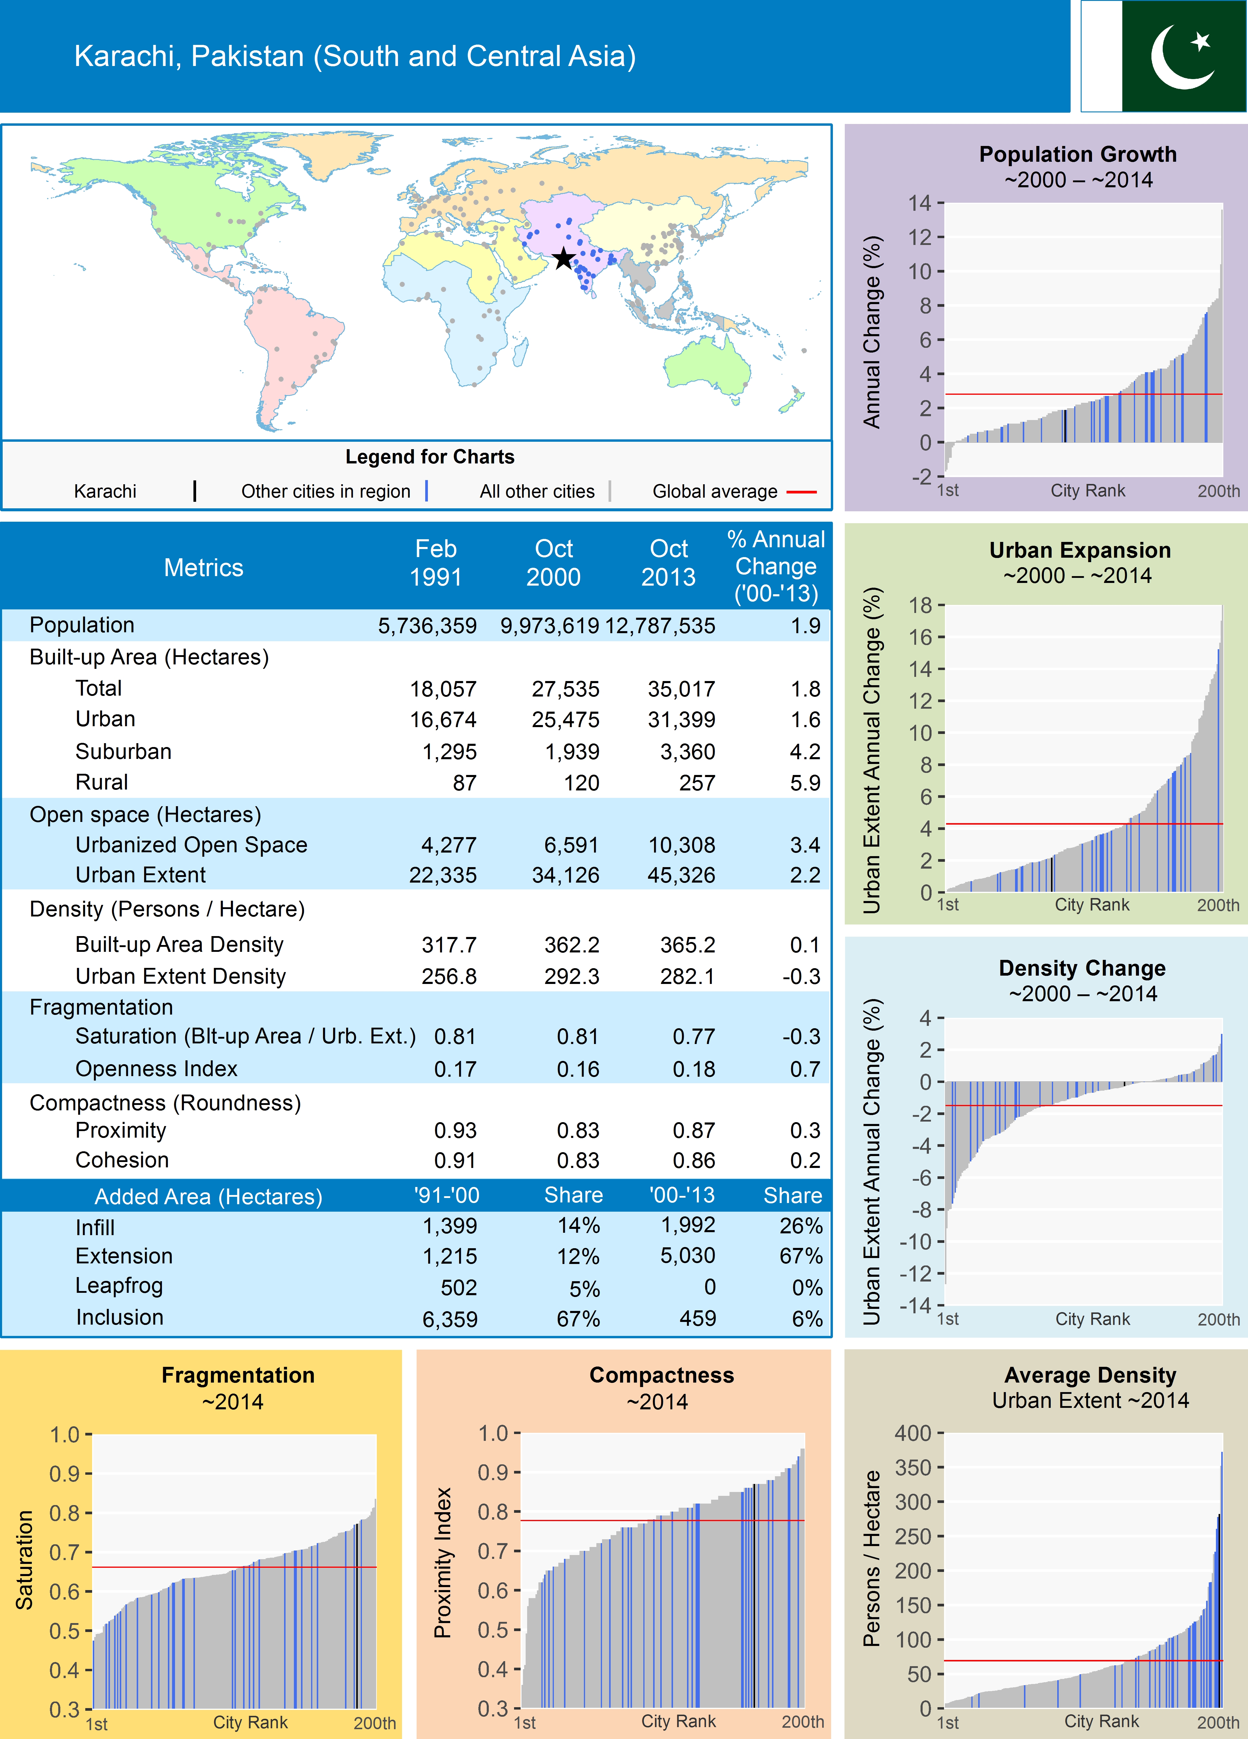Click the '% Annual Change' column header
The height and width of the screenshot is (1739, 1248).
click(x=776, y=566)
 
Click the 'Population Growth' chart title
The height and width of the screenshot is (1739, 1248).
click(x=1077, y=154)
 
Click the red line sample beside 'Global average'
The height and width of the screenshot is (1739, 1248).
click(x=801, y=491)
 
